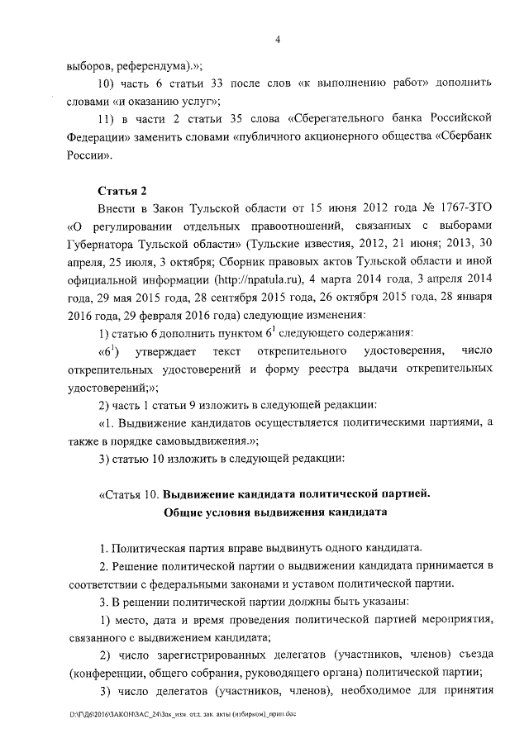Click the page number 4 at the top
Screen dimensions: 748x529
(x=279, y=39)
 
